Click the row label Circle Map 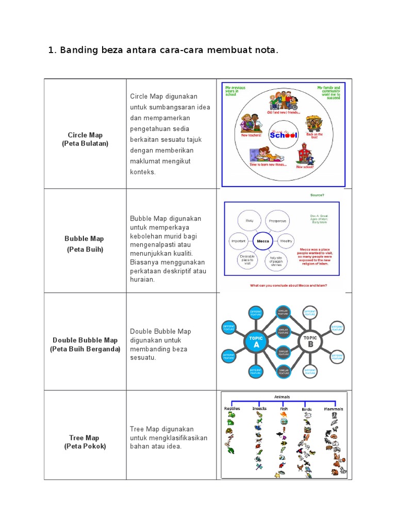pos(85,135)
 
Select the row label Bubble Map pos(84,239)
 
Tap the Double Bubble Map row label pos(85,340)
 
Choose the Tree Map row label pos(85,438)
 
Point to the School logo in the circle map pos(284,135)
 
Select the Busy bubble pos(250,221)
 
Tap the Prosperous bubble pos(276,221)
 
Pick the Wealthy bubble pos(286,241)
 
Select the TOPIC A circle pos(256,342)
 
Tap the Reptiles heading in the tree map pos(232,409)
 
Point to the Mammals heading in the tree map pos(334,409)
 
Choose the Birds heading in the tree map pos(307,409)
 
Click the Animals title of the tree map pos(282,397)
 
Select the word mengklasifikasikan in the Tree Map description pos(169,438)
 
